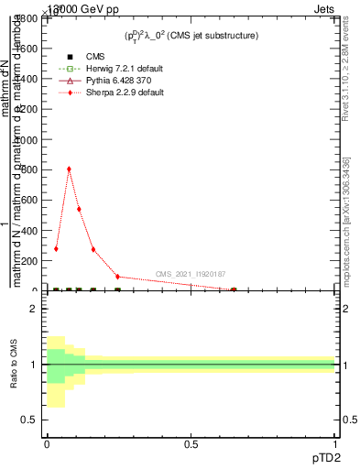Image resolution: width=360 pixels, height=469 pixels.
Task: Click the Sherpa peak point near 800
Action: click(x=69, y=169)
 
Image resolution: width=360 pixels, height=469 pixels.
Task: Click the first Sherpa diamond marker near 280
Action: click(x=56, y=248)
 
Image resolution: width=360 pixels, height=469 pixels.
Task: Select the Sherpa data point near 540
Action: click(x=79, y=209)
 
